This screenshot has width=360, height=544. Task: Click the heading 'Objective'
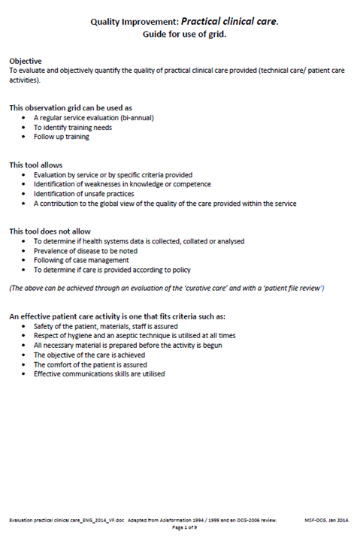(x=26, y=60)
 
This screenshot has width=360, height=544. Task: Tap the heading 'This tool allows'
(x=36, y=165)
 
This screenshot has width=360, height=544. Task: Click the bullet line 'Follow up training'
(x=62, y=137)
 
